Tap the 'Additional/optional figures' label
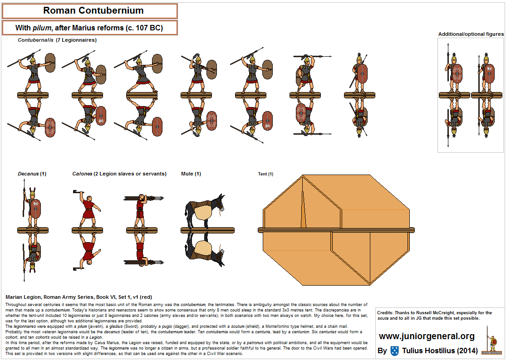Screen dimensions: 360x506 pos(471,34)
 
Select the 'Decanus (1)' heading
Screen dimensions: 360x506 pos(32,174)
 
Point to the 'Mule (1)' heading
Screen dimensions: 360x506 pos(191,174)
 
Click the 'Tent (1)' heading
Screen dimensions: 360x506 pos(265,174)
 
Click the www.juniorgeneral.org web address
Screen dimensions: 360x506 pos(427,336)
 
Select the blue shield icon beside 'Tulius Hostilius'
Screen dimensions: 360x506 pos(395,351)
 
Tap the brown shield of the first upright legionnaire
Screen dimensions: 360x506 pos(50,68)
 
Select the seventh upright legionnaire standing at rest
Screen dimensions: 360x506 pos(360,73)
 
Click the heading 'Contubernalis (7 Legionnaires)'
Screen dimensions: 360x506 pos(57,40)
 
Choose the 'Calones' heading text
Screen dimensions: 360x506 pos(82,174)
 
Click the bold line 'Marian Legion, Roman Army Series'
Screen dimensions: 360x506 pos(75,297)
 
